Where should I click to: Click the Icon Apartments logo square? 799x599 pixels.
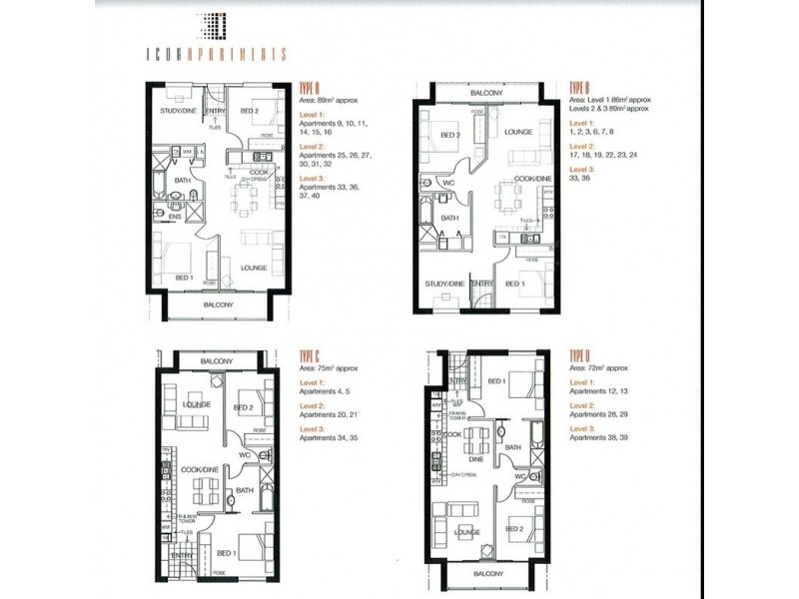pyautogui.click(x=218, y=23)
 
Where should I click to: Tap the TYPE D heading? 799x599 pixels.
pyautogui.click(x=582, y=356)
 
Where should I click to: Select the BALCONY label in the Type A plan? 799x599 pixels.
pyautogui.click(x=218, y=304)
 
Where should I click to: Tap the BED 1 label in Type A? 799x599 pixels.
pyautogui.click(x=183, y=277)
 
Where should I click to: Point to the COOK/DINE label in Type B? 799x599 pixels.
pyautogui.click(x=530, y=177)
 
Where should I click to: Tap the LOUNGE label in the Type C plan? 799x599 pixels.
pyautogui.click(x=196, y=404)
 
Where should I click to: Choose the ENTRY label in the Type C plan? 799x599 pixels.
pyautogui.click(x=182, y=555)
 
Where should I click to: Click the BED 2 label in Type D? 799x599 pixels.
pyautogui.click(x=515, y=529)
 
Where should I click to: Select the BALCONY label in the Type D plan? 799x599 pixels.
pyautogui.click(x=489, y=575)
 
